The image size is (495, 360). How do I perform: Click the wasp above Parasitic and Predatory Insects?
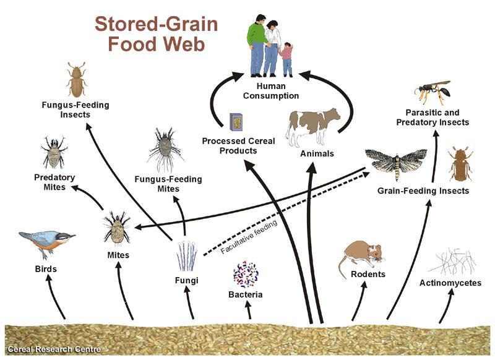coord(432,92)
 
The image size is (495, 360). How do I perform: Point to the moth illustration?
coord(396,163)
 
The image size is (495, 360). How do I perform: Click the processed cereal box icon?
coord(236,122)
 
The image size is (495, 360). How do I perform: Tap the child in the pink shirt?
coord(286,59)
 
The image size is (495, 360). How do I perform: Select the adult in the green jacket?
coord(258,41)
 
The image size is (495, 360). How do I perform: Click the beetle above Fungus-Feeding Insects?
coord(77,79)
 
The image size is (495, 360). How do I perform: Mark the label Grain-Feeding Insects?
coord(423,191)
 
